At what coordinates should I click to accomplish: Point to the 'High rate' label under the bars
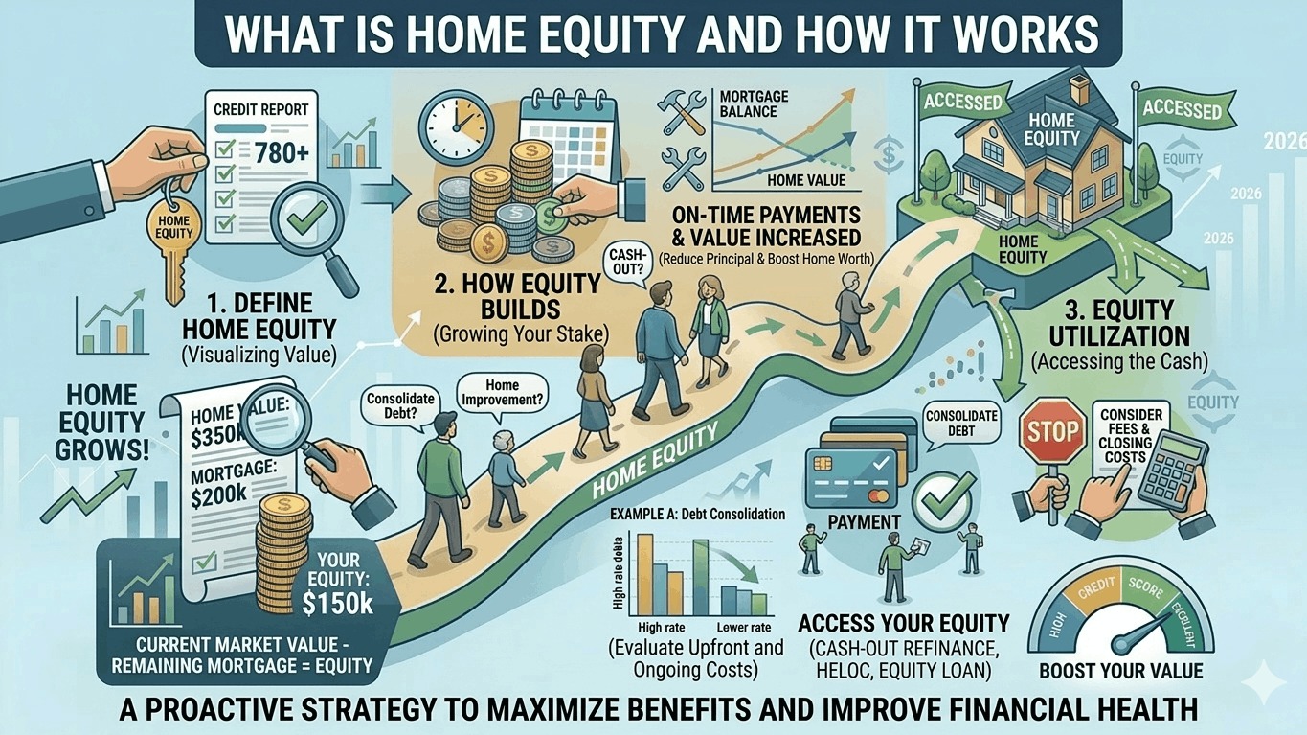click(x=660, y=627)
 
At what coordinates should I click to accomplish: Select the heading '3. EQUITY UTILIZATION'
click(x=1118, y=323)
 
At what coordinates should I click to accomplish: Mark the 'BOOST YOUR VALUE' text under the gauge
click(x=1120, y=670)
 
